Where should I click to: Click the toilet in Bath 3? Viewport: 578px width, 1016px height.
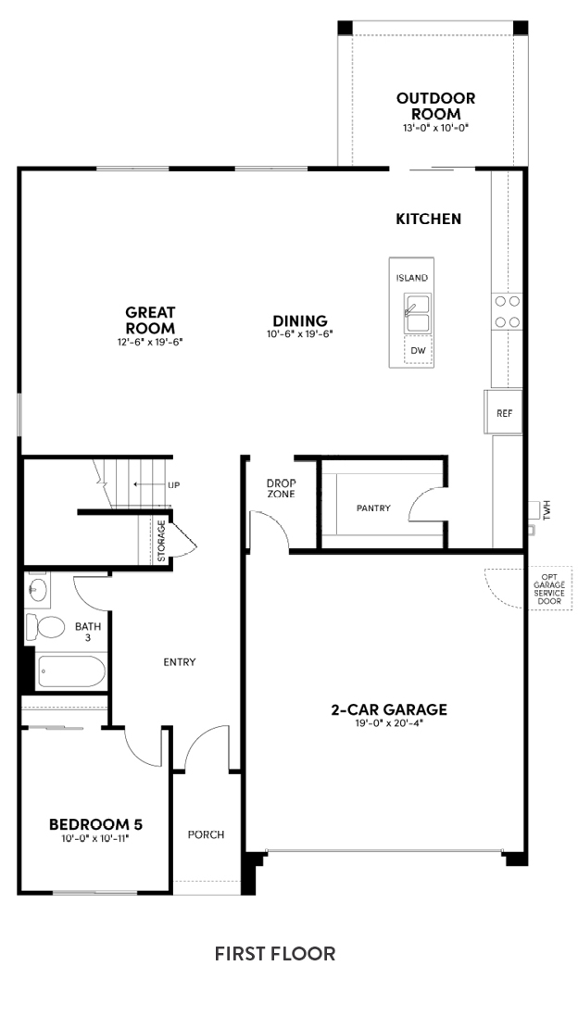[x=45, y=627]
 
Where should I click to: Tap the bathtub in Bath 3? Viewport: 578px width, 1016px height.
[x=70, y=672]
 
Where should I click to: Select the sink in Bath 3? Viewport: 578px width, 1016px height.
[x=38, y=590]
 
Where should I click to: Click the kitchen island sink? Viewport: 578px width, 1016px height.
[x=418, y=312]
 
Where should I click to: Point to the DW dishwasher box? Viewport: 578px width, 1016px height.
[x=418, y=350]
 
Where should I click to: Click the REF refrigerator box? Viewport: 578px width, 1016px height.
[x=504, y=412]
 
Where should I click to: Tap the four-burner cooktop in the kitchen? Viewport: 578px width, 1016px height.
[x=506, y=311]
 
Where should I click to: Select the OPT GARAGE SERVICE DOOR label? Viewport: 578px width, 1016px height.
[x=549, y=588]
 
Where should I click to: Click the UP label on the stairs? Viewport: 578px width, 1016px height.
[x=173, y=484]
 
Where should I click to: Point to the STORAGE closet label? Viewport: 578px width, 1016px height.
[x=161, y=541]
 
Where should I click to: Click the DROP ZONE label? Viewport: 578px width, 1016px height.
[x=281, y=489]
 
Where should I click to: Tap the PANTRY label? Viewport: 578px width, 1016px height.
[x=373, y=508]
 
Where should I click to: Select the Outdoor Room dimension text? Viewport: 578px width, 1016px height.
[x=434, y=128]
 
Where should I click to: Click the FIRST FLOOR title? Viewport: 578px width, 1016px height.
[x=275, y=954]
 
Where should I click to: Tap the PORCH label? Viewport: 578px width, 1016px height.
[x=206, y=834]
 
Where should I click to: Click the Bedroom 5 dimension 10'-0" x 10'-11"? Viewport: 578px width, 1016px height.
[x=95, y=838]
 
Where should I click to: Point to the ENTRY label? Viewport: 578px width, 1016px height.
[x=180, y=661]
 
